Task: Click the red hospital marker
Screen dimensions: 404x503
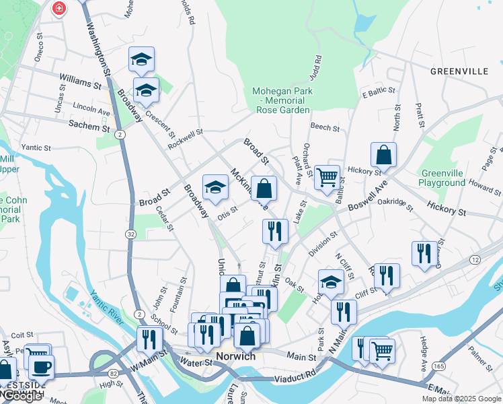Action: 60,8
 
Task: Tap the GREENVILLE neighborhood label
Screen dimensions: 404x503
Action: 459,71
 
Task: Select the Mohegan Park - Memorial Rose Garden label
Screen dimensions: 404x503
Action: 282,100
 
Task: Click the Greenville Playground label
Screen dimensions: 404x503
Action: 441,178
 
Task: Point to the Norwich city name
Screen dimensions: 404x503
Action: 235,356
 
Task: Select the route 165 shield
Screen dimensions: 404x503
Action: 438,366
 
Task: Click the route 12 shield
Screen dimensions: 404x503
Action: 476,260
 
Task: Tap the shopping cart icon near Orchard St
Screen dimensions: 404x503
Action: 327,178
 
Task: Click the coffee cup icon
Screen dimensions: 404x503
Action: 42,366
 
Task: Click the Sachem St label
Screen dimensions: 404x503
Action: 89,126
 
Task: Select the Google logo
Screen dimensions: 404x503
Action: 22,396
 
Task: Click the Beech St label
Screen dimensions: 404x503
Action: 324,127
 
